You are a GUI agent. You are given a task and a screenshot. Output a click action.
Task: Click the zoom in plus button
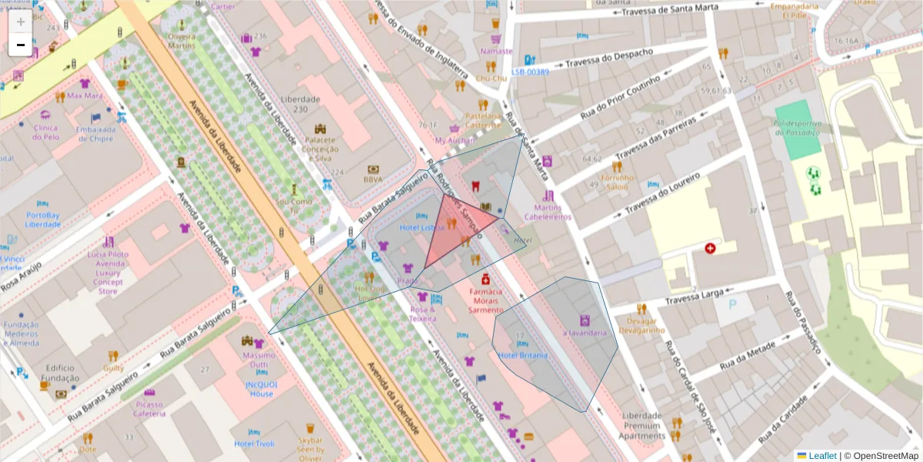21,22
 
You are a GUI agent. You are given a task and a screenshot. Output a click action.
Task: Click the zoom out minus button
21,45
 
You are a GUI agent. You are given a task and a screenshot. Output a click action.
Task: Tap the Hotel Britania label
522,356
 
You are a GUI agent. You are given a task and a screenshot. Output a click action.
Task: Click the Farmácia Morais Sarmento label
486,301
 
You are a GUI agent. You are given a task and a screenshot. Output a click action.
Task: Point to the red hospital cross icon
709,249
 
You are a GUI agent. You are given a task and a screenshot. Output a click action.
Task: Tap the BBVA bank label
372,179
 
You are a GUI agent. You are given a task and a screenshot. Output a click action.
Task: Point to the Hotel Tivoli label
254,444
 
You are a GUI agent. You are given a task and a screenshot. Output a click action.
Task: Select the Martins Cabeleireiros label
548,212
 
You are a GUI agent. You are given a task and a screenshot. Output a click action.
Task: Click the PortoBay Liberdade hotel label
43,219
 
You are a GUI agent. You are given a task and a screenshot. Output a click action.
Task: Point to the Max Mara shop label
85,96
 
